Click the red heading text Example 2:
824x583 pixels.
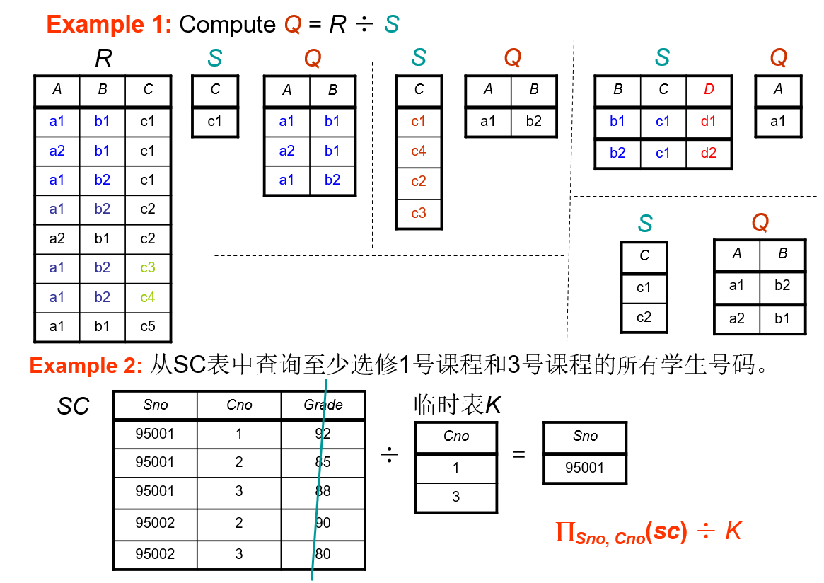point(86,366)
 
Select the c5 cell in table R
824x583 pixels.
point(147,327)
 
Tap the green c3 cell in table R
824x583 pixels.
point(147,267)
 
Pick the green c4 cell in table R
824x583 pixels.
point(147,297)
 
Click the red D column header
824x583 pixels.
point(709,90)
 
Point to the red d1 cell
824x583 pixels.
point(709,121)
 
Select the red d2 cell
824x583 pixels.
point(709,153)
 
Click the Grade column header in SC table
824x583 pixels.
point(323,405)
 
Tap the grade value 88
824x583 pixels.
point(323,491)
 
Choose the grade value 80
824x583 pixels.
point(323,553)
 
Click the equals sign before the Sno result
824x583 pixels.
point(519,454)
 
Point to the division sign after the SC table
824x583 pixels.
point(389,455)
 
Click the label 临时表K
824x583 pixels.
point(457,405)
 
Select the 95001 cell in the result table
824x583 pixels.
point(585,468)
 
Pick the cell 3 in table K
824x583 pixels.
point(455,497)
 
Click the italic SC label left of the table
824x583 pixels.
point(74,406)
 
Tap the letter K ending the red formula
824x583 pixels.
point(733,531)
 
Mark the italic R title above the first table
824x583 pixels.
point(103,58)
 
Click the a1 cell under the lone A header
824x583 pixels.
point(778,121)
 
